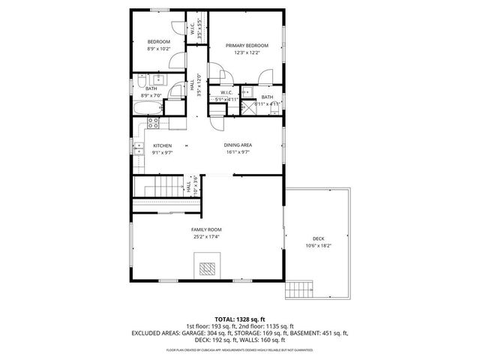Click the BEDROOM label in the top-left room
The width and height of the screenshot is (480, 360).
[158, 41]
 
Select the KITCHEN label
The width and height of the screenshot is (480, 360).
[162, 145]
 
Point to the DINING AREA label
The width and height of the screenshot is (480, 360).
[237, 145]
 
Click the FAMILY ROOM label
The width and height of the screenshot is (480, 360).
[206, 229]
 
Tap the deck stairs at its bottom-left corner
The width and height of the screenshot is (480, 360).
[298, 288]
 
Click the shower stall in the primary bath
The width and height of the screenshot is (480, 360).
[244, 108]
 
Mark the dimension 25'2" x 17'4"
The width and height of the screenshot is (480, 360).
[206, 236]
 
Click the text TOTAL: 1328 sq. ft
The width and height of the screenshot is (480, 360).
[239, 319]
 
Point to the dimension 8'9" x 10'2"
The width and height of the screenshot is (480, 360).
[158, 48]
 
